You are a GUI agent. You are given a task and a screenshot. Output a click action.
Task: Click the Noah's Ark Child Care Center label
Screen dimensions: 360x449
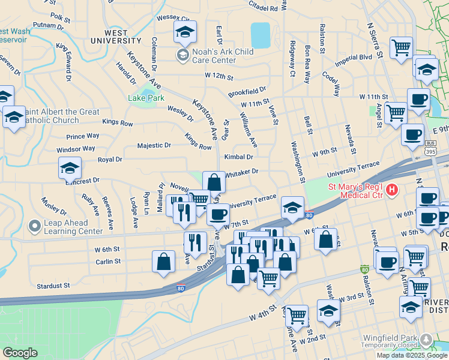(222, 56)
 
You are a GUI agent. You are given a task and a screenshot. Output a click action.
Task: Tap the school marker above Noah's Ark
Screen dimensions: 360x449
(185, 32)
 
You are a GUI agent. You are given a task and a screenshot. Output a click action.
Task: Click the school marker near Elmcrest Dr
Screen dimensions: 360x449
(70, 169)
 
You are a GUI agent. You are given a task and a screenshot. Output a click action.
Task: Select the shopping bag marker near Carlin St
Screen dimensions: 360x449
(163, 262)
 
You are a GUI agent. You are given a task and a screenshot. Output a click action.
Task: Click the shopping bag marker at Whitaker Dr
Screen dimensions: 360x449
(214, 182)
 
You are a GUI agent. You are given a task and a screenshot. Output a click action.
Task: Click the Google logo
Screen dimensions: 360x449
(20, 353)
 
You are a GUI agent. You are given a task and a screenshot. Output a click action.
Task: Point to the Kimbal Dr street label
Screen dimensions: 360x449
(239, 157)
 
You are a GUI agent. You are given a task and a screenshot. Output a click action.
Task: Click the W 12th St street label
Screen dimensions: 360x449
(218, 76)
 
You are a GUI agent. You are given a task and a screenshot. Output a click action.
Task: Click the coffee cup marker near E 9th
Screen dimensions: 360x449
(412, 135)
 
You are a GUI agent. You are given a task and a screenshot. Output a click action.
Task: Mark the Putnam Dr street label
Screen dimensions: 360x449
(44, 25)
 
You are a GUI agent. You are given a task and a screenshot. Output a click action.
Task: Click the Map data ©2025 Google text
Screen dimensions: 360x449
(412, 355)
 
